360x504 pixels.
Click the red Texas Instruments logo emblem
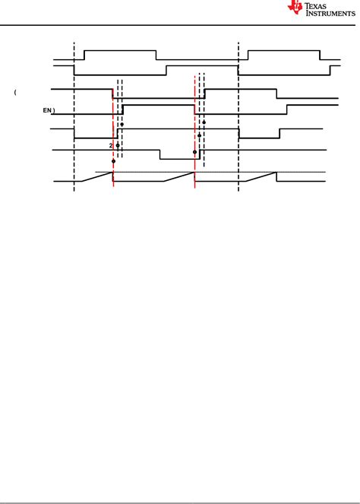[295, 8]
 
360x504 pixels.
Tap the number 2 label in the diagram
[111, 144]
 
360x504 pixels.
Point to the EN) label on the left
[48, 110]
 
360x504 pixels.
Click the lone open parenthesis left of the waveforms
[15, 93]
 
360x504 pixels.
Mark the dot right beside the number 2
[118, 144]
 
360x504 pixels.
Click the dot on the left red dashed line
[113, 161]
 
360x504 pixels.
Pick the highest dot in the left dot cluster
[122, 124]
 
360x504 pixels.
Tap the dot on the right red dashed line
[194, 152]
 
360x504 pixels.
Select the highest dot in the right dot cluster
[204, 121]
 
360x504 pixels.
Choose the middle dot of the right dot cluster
[199, 135]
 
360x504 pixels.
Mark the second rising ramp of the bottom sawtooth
[178, 177]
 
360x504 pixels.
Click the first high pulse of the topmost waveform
[120, 50]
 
